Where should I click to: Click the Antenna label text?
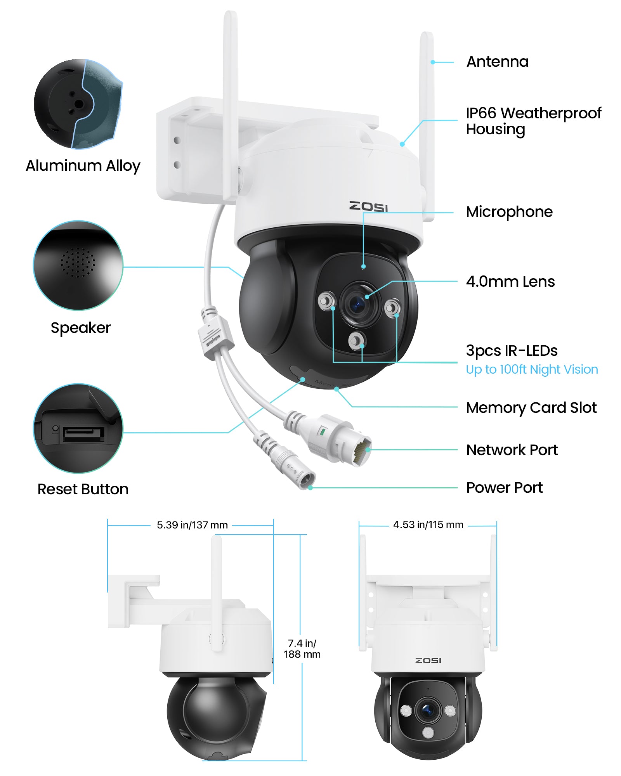(x=497, y=62)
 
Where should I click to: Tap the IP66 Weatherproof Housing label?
(x=533, y=121)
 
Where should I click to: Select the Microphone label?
(x=509, y=212)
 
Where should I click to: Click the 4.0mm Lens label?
(x=510, y=282)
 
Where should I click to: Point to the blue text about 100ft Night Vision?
(x=531, y=369)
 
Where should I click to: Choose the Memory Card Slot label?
(x=531, y=408)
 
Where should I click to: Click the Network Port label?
(x=512, y=450)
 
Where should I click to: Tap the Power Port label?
(x=504, y=488)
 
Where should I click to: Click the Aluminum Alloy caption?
(x=83, y=166)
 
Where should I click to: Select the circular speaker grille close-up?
(x=78, y=266)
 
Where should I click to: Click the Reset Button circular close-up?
(x=78, y=429)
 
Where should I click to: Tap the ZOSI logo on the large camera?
(x=368, y=207)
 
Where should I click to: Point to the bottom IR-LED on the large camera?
(x=356, y=341)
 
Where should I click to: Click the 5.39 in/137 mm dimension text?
(x=192, y=525)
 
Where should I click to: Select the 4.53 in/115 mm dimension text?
(x=428, y=525)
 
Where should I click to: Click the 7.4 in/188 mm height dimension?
(x=302, y=649)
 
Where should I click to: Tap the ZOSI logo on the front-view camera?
(x=428, y=660)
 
